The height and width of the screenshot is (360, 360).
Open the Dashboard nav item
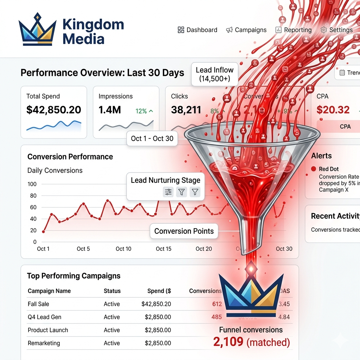coord(198,30)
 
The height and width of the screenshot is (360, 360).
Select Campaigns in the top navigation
coord(246,30)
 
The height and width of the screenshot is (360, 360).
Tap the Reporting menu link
coord(294,30)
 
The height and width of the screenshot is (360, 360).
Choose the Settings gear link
coord(336,30)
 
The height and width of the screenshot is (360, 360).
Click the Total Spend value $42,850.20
coord(53,110)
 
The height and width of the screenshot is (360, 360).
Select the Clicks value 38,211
coord(186,110)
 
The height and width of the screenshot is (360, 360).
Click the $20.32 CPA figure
coord(333,110)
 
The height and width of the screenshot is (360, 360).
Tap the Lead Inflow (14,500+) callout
coord(214,74)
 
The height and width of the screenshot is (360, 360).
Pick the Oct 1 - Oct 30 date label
coord(152,139)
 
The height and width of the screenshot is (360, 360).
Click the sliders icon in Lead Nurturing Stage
coord(168,192)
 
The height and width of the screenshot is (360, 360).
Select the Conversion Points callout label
coord(184,231)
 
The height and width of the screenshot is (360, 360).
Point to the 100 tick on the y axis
coord(32,184)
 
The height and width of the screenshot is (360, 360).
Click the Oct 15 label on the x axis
coord(163,249)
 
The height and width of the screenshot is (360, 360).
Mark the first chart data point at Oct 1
coord(43,231)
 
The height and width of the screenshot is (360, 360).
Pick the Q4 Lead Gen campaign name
coord(44,317)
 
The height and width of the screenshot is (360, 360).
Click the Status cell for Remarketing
coord(112,343)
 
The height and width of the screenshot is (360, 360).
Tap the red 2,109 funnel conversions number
coord(229,342)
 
